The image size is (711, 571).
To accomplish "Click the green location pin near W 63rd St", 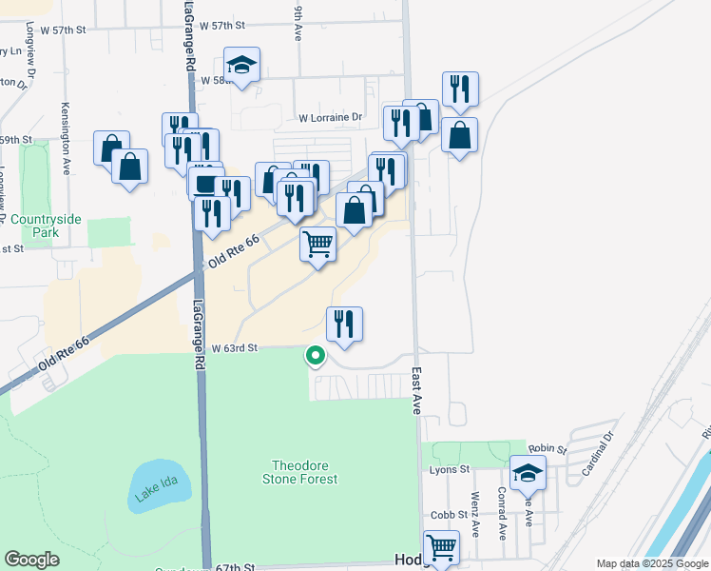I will tap(315, 357).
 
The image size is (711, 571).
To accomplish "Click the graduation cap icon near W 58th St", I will tap(241, 66).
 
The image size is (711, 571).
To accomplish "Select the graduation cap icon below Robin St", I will tap(527, 473).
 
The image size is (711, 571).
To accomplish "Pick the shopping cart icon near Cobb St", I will tap(441, 547).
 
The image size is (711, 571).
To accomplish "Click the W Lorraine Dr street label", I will tap(331, 118).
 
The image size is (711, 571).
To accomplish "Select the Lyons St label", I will tap(450, 469).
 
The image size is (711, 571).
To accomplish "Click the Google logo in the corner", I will tap(31, 560).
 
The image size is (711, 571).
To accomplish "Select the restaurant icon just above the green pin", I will tap(345, 325).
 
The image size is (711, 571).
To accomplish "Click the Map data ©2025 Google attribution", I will tap(652, 563).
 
